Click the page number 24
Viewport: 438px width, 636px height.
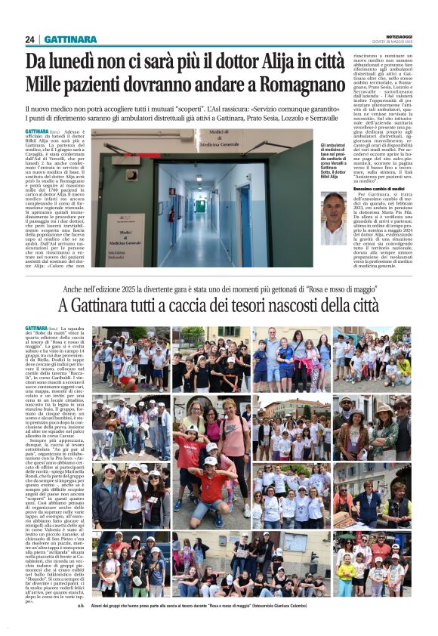[29, 39]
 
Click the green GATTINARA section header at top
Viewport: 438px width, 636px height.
[70, 39]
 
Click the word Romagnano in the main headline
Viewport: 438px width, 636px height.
[301, 85]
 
